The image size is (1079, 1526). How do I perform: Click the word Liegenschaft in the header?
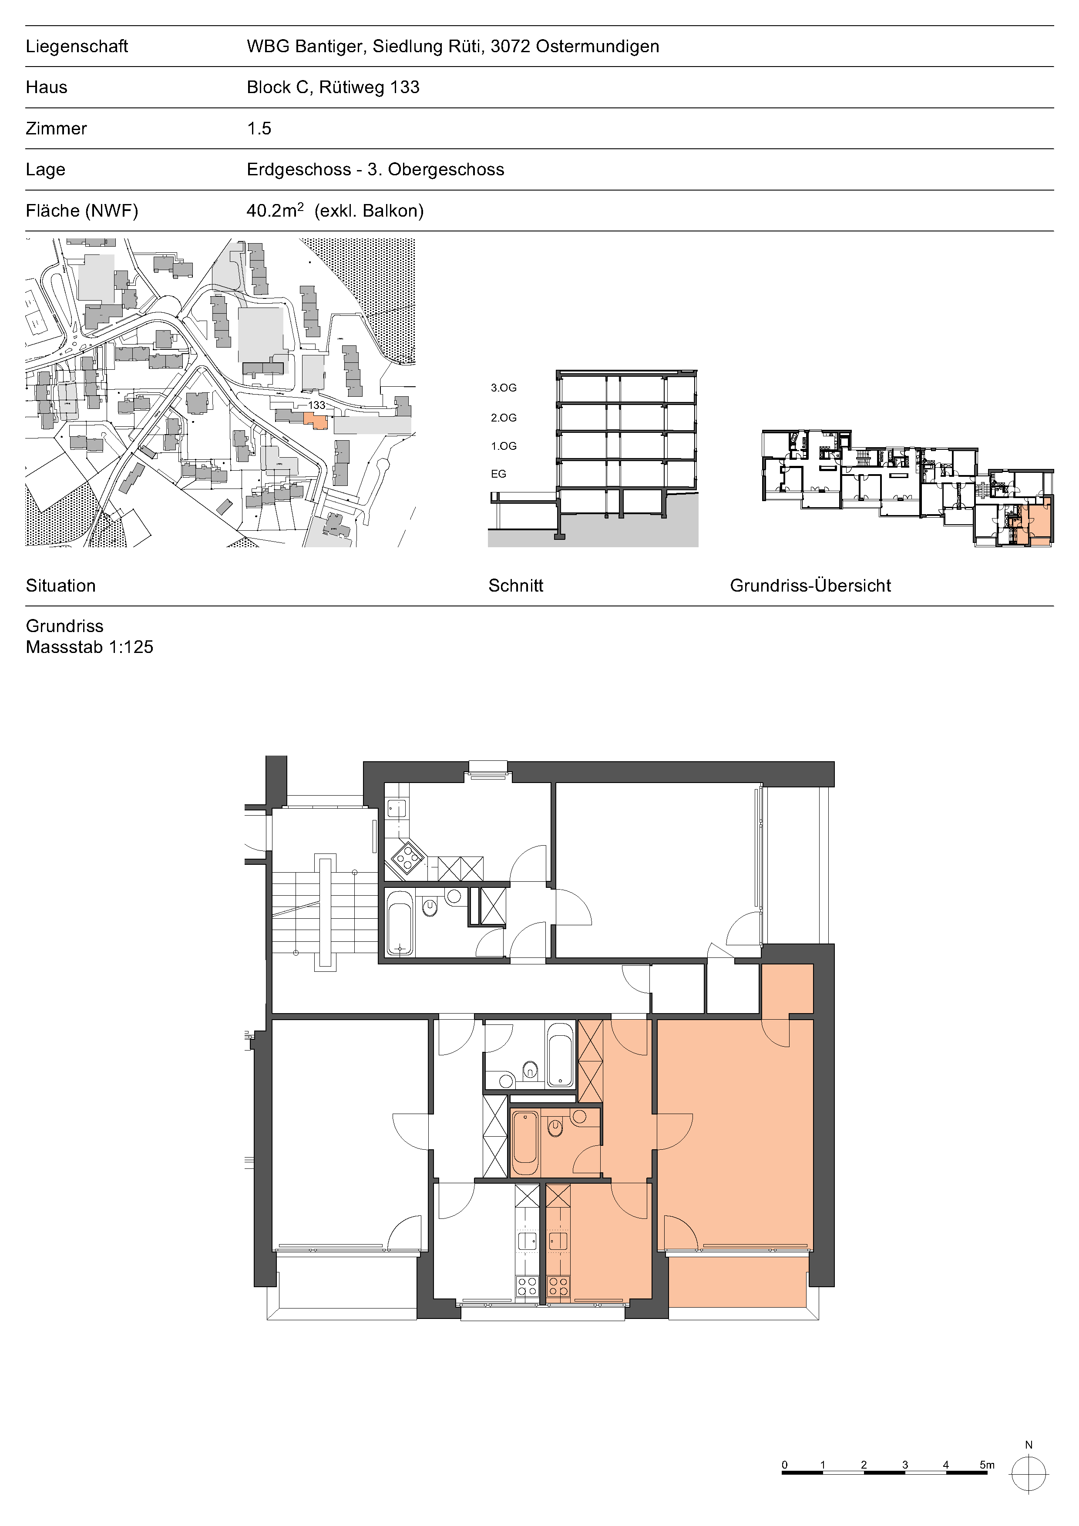pyautogui.click(x=77, y=47)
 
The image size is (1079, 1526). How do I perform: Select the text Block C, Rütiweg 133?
pyautogui.click(x=333, y=87)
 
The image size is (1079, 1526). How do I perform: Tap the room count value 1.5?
pyautogui.click(x=259, y=128)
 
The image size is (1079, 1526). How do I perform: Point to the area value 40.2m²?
pyautogui.click(x=275, y=210)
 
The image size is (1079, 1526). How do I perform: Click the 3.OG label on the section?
pyautogui.click(x=503, y=388)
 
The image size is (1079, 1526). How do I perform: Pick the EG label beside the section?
pyautogui.click(x=499, y=474)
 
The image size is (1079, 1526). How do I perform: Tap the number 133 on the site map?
pyautogui.click(x=316, y=405)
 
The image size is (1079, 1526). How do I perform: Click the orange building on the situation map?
pyautogui.click(x=316, y=420)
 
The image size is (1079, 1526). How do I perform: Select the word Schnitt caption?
pyautogui.click(x=516, y=586)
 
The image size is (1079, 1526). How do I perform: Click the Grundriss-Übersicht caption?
pyautogui.click(x=810, y=586)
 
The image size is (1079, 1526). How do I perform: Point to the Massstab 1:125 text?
pyautogui.click(x=90, y=647)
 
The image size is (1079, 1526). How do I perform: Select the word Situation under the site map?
pyautogui.click(x=61, y=586)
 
